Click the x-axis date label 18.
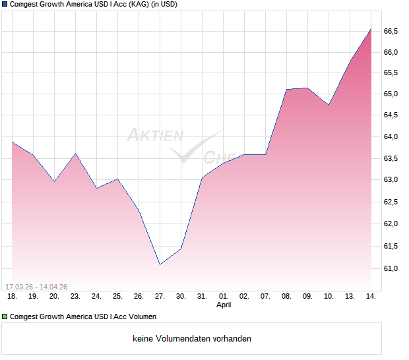[x=12, y=297]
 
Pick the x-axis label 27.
[x=160, y=297]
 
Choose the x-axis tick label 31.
[x=202, y=297]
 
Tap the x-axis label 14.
[x=371, y=297]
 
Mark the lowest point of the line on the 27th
[x=160, y=264]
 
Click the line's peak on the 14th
[x=371, y=28]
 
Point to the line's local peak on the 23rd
[x=75, y=154]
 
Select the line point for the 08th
[x=286, y=89]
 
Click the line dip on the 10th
[x=329, y=105]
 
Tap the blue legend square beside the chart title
[x=5, y=5]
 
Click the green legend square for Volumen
[x=5, y=317]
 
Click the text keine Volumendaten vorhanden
[x=192, y=339]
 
